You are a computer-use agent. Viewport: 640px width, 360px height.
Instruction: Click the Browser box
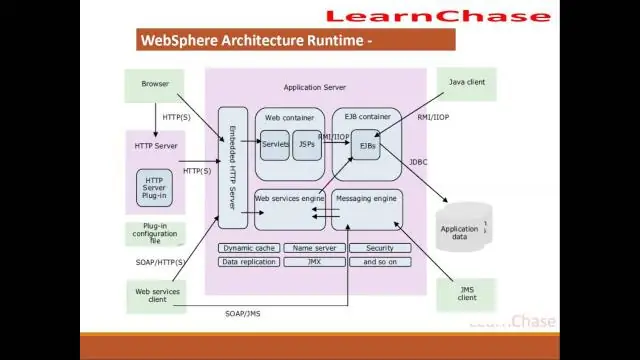(155, 85)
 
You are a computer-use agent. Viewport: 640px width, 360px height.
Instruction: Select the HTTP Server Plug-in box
(154, 187)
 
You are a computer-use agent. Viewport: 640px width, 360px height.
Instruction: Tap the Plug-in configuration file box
(155, 234)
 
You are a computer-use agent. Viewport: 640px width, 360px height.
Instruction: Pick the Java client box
(466, 83)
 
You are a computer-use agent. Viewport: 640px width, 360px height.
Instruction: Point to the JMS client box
(467, 293)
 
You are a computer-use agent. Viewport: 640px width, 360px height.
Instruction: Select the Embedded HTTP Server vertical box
(232, 167)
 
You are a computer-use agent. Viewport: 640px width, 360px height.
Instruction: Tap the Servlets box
(275, 145)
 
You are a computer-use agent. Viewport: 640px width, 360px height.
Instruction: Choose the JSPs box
(306, 145)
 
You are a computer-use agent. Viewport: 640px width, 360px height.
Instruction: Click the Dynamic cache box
(249, 248)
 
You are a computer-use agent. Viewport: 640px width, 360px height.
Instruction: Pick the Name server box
(313, 248)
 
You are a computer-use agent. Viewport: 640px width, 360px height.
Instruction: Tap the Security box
(379, 248)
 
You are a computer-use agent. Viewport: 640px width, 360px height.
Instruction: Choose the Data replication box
(249, 262)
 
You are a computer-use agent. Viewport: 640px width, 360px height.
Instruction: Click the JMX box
(313, 262)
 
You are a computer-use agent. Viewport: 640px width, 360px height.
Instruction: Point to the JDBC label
(418, 162)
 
